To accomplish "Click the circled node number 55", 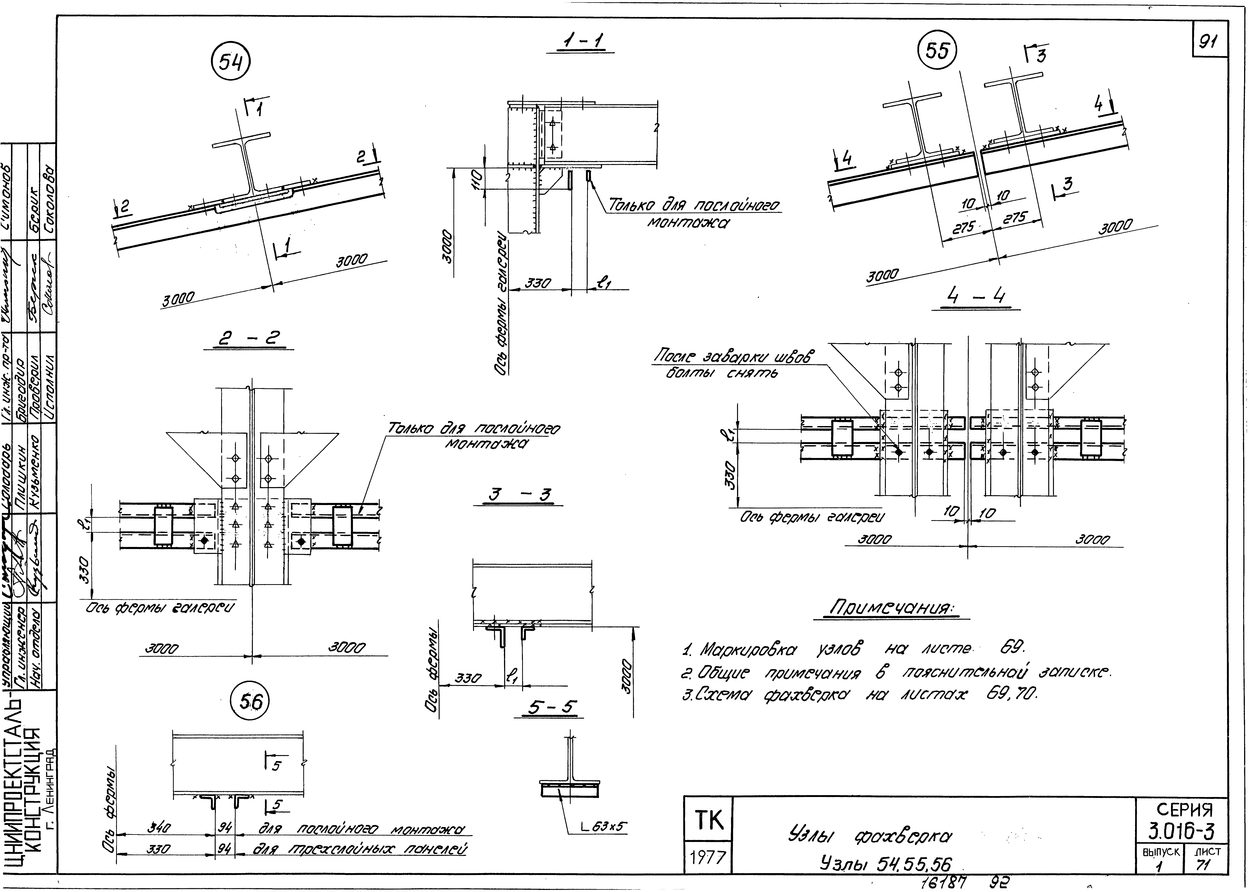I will coord(937,51).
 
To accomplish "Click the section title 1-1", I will coord(580,42).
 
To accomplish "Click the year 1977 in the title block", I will coord(708,857).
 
